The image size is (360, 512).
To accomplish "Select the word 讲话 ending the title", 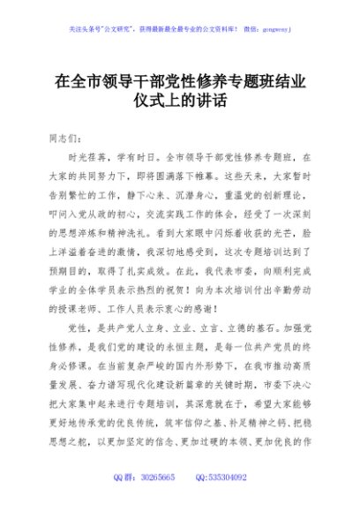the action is (x=213, y=102).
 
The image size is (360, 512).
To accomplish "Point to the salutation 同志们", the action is (x=68, y=139).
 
